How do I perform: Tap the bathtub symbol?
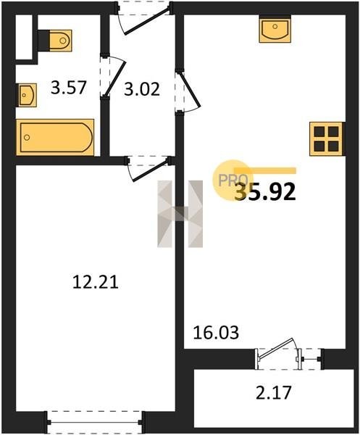(x=55, y=137)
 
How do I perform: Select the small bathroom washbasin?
(x=28, y=95)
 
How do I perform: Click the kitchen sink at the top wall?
(x=275, y=29)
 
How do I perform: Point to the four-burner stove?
(x=326, y=138)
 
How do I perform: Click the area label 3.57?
(x=69, y=88)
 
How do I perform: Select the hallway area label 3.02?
(x=142, y=89)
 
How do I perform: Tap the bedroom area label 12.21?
(x=96, y=282)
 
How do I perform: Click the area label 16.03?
(x=216, y=332)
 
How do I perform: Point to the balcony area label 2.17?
(x=274, y=392)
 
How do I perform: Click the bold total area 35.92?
(x=265, y=192)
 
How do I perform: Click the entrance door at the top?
(x=144, y=18)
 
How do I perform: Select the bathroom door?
(x=113, y=77)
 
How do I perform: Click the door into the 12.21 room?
(x=149, y=168)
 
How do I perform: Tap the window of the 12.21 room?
(x=95, y=422)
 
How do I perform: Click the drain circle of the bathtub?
(x=27, y=137)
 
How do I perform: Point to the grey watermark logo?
(x=180, y=214)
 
